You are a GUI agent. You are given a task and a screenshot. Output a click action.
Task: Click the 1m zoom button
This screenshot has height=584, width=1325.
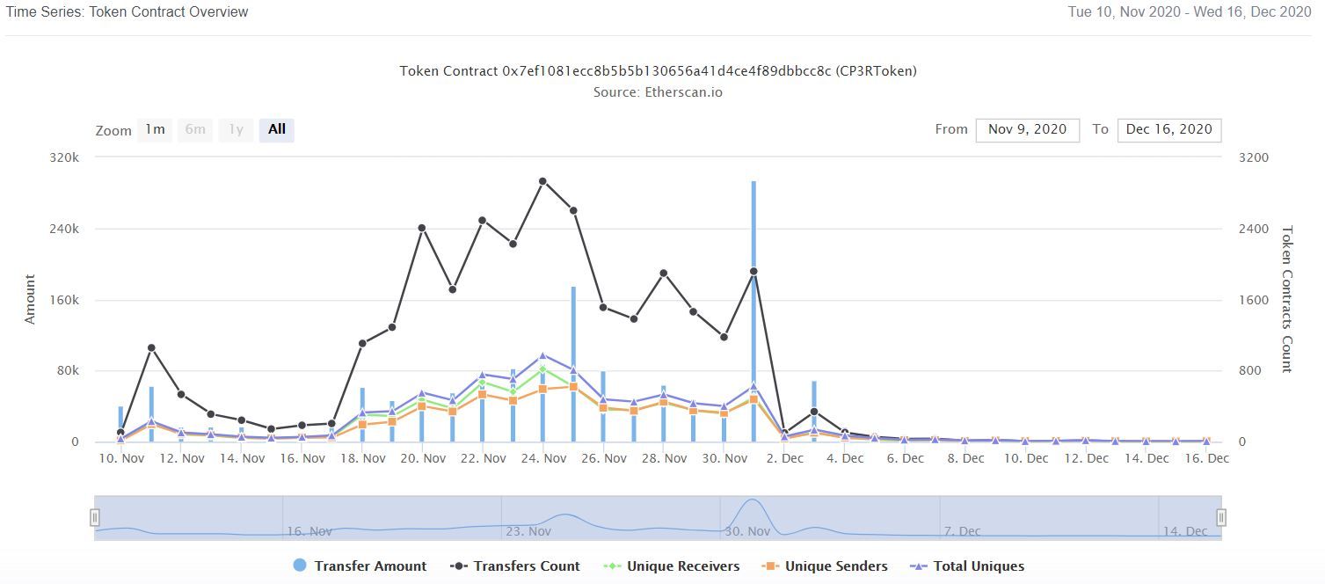[155, 130]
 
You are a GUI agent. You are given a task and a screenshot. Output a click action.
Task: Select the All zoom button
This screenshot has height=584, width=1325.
[277, 130]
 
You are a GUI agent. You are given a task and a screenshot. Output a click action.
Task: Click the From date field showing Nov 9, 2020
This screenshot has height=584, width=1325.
[1027, 129]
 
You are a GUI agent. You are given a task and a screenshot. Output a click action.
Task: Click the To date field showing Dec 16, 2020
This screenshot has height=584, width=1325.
[1168, 129]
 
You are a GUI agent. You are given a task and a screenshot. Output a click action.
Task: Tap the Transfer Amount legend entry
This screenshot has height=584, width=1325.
[360, 566]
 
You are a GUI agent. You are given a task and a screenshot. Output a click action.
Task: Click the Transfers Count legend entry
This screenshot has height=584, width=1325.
[515, 566]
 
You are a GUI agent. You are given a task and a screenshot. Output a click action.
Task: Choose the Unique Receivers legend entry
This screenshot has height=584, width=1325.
[673, 566]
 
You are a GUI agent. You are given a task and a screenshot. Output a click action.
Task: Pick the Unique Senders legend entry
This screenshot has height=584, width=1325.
[825, 566]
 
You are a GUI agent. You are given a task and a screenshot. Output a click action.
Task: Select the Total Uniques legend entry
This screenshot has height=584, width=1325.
[967, 566]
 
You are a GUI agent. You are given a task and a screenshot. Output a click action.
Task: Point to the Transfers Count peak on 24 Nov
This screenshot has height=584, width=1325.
[542, 181]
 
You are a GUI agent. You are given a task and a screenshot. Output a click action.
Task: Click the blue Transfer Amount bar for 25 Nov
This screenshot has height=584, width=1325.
[573, 352]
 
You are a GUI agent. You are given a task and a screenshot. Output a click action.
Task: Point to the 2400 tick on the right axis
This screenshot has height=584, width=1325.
[1253, 229]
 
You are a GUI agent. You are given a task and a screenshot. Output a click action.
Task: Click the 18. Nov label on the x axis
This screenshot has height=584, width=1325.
[362, 458]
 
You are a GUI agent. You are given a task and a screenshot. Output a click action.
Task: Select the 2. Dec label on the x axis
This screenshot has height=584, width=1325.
[784, 458]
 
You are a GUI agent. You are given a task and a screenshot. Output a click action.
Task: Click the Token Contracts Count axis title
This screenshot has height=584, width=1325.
[1286, 299]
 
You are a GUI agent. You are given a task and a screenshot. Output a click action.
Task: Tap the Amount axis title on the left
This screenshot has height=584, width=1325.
[31, 299]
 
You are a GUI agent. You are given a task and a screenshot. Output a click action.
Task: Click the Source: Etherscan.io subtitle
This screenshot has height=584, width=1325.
[658, 91]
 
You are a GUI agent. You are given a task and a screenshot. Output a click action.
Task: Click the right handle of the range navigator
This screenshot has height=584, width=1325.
[1220, 517]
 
